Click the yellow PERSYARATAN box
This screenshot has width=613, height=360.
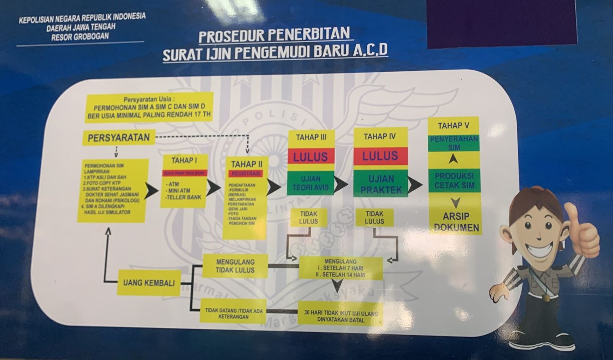tap(119, 138)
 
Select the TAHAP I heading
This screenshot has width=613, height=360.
tap(184, 160)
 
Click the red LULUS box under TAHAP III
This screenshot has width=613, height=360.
tap(311, 157)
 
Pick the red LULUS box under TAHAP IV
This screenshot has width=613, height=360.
tap(380, 156)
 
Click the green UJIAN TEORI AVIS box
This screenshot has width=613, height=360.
tap(311, 183)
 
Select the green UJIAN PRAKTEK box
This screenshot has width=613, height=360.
tap(381, 184)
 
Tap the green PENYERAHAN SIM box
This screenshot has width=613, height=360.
tap(454, 143)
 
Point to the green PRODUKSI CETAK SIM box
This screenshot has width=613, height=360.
tap(454, 181)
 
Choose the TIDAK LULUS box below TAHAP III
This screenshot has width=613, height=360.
tap(309, 217)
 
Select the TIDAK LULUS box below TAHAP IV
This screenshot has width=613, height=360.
tap(374, 217)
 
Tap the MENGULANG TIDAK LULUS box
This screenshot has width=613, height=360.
tap(235, 266)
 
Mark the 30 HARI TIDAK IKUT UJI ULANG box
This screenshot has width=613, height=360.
tap(341, 317)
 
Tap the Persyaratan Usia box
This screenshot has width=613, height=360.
tap(149, 108)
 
